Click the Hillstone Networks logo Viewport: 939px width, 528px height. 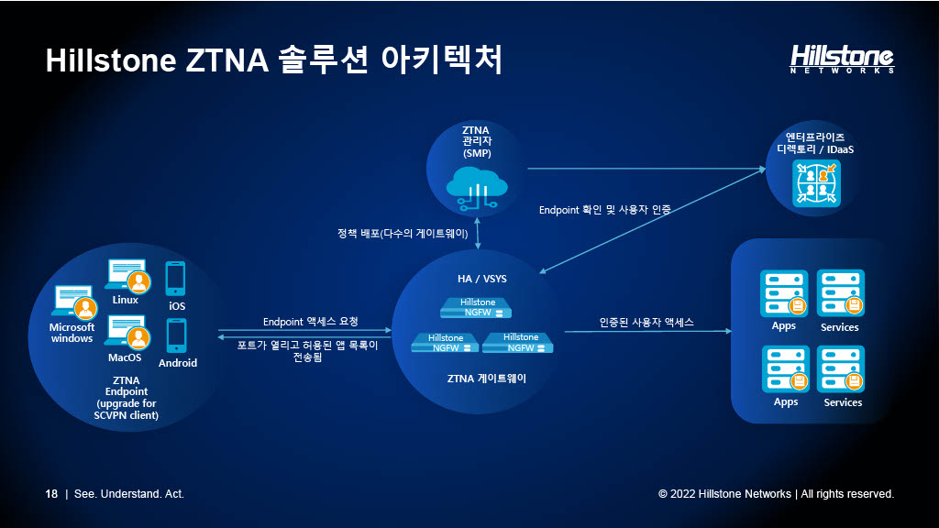pos(842,59)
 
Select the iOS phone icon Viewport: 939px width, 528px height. pos(176,278)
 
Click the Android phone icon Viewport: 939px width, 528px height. pos(177,335)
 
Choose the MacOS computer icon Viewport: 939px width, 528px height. pos(127,332)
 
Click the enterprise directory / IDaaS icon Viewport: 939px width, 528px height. pos(815,183)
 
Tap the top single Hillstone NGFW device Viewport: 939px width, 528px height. pos(477,307)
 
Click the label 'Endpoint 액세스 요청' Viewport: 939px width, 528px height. pos(310,322)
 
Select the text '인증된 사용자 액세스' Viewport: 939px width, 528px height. pos(646,323)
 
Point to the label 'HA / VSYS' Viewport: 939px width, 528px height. pos(477,279)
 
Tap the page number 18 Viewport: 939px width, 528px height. pos(51,494)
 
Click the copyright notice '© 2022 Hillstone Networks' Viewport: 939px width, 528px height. pos(724,494)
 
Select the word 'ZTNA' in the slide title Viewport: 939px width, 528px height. pos(226,60)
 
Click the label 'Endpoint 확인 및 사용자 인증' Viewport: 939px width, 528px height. pos(604,210)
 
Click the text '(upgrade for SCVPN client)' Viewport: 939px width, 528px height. pos(127,410)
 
